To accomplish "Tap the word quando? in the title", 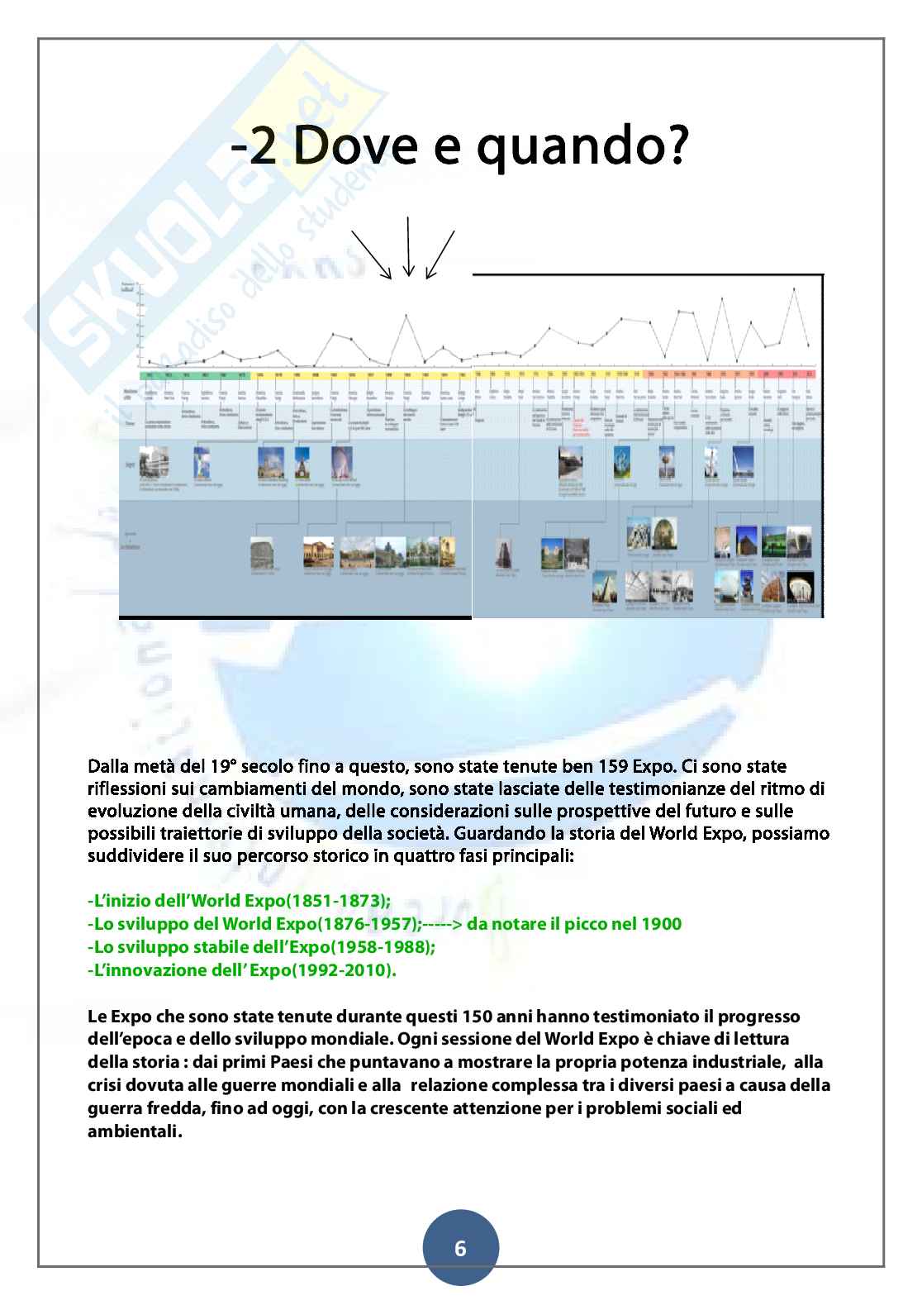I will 580,151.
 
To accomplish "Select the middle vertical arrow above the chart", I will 406,245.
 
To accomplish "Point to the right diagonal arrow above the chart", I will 440,254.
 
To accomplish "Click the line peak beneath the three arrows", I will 406,315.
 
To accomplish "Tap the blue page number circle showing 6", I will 460,1248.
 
